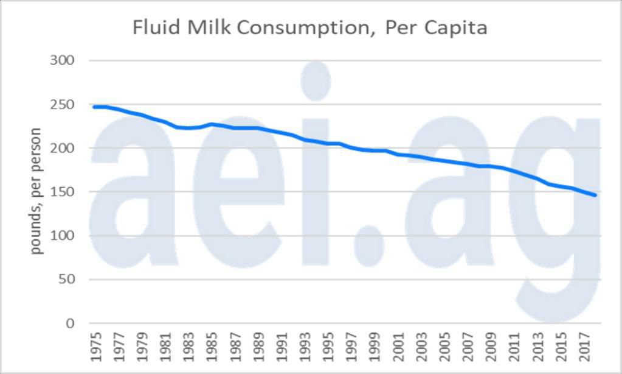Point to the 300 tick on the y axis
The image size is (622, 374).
pyautogui.click(x=63, y=60)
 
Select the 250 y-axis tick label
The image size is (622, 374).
pyautogui.click(x=63, y=104)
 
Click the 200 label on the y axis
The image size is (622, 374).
pyautogui.click(x=63, y=148)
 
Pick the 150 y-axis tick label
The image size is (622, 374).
pyautogui.click(x=63, y=192)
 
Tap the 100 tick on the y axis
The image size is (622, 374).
pyautogui.click(x=63, y=236)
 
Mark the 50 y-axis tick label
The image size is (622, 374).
pyautogui.click(x=66, y=280)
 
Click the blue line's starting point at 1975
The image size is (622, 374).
pyautogui.click(x=94, y=107)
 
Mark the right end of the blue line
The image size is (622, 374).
pyautogui.click(x=595, y=195)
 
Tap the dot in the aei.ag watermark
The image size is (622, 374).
pyautogui.click(x=369, y=245)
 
